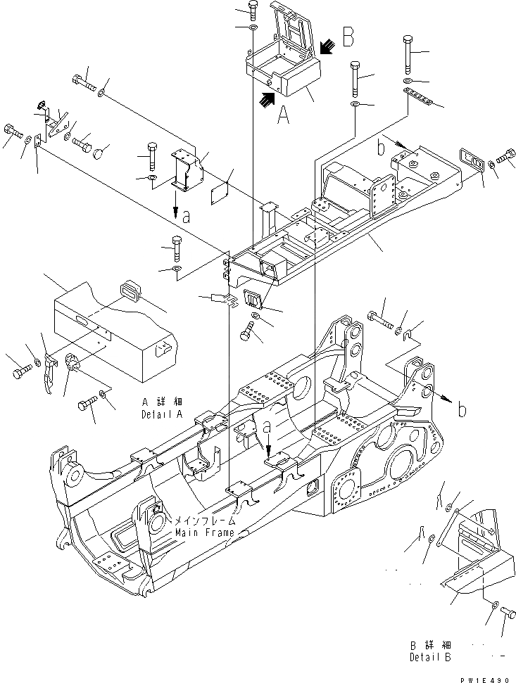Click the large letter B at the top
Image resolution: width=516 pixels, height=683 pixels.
pos(348,37)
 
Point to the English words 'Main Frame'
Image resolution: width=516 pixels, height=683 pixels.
pos(205,533)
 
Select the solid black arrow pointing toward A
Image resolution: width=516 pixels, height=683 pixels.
pos(265,101)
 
